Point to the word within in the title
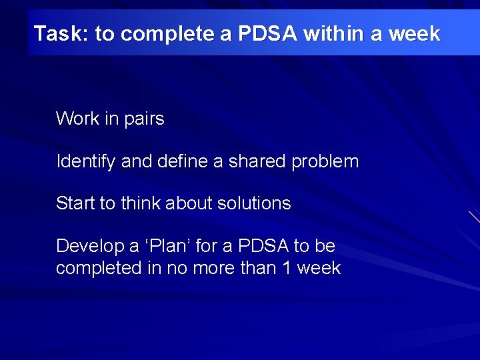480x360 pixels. pyautogui.click(x=331, y=33)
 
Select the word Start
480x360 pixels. pyautogui.click(x=75, y=203)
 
